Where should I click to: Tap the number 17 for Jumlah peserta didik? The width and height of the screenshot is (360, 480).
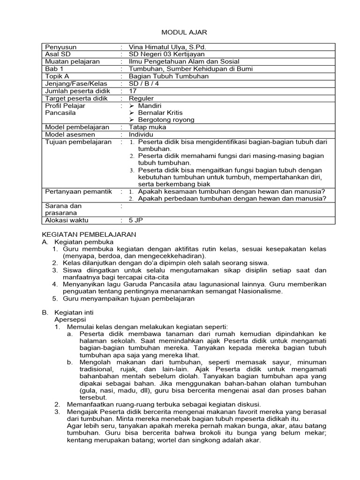(x=133, y=91)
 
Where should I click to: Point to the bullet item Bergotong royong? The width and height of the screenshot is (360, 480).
(x=166, y=120)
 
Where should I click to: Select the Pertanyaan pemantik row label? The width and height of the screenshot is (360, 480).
(x=78, y=191)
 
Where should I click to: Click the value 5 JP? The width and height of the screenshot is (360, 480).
(x=136, y=220)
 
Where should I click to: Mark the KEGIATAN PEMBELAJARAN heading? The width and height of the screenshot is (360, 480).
(x=89, y=234)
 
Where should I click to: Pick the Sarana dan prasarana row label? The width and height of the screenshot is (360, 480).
(x=63, y=209)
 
